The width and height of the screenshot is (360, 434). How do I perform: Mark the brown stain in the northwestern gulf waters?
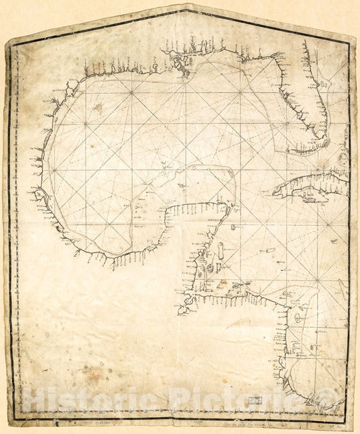click(99, 107)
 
